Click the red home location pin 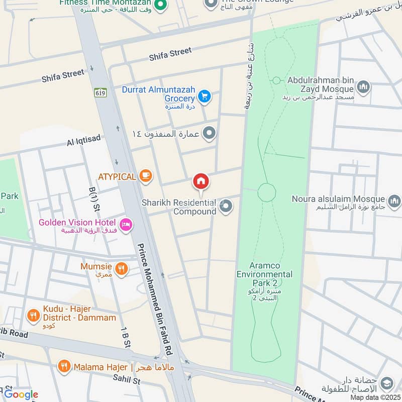(202, 181)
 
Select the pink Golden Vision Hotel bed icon (126, 223)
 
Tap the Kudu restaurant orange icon (33, 316)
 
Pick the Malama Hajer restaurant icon (63, 367)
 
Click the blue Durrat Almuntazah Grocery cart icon (204, 96)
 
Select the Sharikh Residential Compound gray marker (227, 206)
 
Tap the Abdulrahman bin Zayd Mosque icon (364, 86)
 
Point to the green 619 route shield (99, 93)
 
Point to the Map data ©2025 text (374, 397)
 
